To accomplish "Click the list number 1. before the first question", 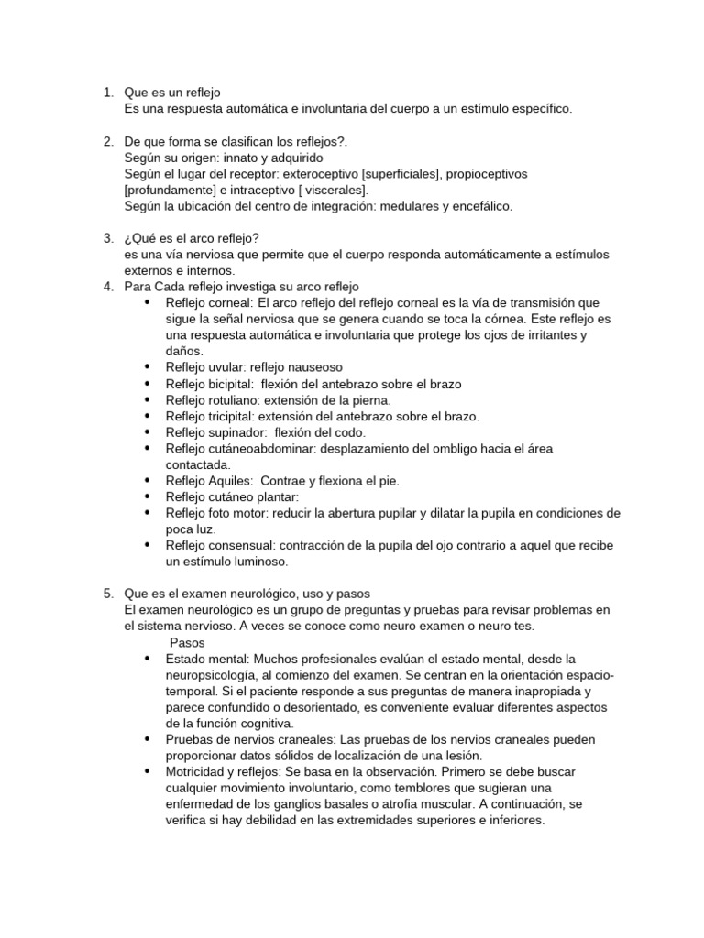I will coord(106,93).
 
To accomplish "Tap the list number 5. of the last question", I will coord(106,594).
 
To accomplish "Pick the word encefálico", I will coord(480,206).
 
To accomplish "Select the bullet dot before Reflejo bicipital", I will coord(147,383).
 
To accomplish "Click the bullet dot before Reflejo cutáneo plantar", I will coord(147,496).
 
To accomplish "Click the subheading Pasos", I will coord(188,642).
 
